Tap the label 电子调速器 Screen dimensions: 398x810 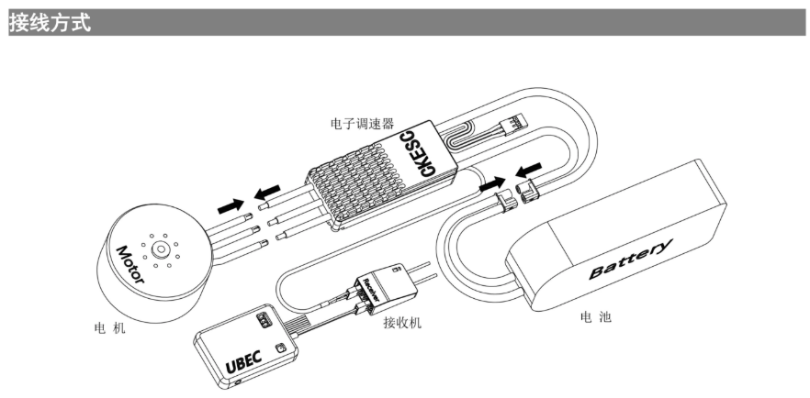pos(361,121)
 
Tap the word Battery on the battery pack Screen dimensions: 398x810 pos(630,260)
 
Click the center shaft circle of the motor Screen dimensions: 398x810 pos(163,248)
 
